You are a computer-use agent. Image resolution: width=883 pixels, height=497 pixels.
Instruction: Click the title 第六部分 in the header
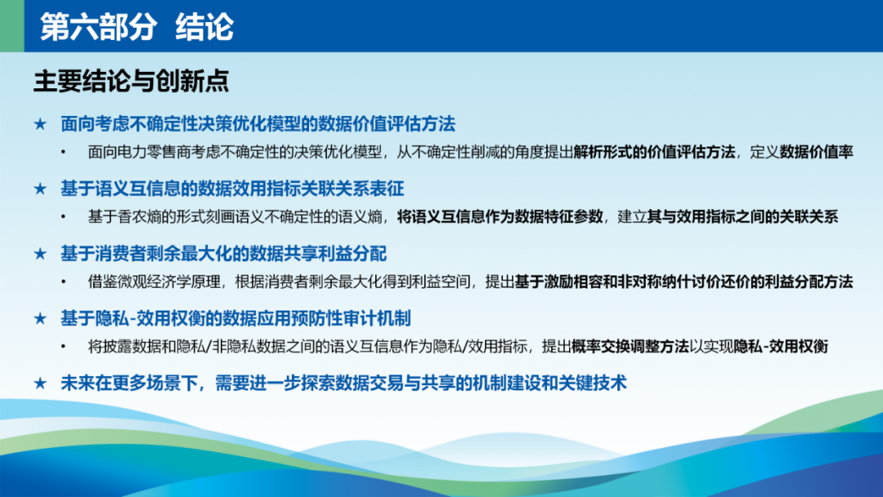coord(98,26)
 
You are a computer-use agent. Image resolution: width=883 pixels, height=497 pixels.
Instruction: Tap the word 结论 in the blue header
coord(204,26)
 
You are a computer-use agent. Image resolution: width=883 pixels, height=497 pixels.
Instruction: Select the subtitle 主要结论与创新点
coord(131,81)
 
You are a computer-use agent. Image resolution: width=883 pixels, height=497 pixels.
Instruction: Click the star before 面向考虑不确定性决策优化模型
coord(40,123)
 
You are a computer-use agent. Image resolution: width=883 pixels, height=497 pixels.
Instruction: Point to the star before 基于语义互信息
coord(40,189)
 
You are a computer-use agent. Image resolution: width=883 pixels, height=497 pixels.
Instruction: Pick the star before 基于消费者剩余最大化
coord(40,253)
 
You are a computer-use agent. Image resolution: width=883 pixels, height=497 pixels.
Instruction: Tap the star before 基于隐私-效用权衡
coord(40,319)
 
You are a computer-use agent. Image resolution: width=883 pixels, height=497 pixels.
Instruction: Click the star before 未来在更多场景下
coord(40,383)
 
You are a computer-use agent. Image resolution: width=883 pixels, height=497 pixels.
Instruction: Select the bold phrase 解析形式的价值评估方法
coord(654,152)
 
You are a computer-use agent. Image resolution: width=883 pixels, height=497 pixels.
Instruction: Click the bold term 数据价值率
coord(817,152)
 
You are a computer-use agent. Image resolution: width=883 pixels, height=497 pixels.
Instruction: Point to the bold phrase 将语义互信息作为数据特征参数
coord(500,217)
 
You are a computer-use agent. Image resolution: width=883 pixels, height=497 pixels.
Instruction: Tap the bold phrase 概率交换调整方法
coord(630,347)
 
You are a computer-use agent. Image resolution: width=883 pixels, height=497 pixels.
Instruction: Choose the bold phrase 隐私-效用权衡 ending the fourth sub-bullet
coord(781,347)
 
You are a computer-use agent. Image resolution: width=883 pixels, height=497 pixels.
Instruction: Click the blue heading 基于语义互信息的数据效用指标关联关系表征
coord(232,189)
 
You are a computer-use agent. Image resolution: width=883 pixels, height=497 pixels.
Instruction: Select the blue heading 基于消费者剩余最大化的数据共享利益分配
coord(223,253)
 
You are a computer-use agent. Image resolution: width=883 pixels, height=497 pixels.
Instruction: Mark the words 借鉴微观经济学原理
coord(154,281)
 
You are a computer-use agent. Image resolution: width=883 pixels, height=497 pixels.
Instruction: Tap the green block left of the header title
coord(11,26)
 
